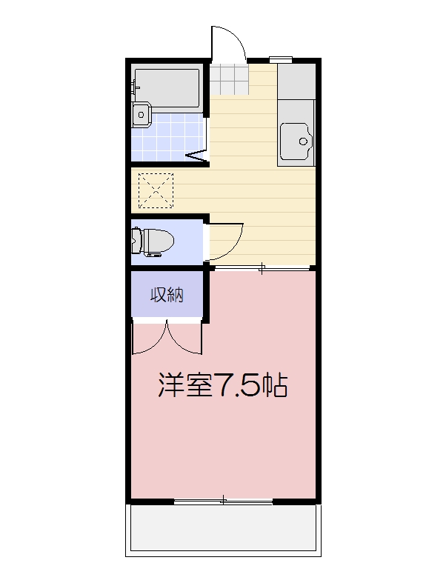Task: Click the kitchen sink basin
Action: tap(296, 139)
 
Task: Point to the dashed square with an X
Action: tap(156, 190)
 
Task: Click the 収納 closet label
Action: tap(167, 295)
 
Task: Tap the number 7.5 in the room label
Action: tap(238, 385)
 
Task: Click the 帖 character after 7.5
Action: tap(275, 385)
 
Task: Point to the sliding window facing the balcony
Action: tap(224, 502)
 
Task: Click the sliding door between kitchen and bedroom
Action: tap(261, 269)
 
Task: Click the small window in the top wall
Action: tap(280, 59)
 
